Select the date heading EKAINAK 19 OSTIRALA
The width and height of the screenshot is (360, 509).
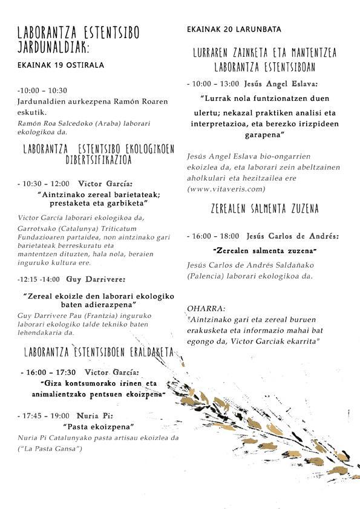[x=61, y=65]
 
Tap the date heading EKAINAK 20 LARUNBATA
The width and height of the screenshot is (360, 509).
[x=230, y=29]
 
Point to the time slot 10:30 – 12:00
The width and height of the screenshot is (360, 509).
[x=45, y=183]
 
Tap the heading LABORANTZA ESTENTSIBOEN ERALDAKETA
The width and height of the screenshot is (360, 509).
[x=99, y=352]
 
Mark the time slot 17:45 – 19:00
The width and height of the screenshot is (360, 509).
[x=46, y=416]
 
